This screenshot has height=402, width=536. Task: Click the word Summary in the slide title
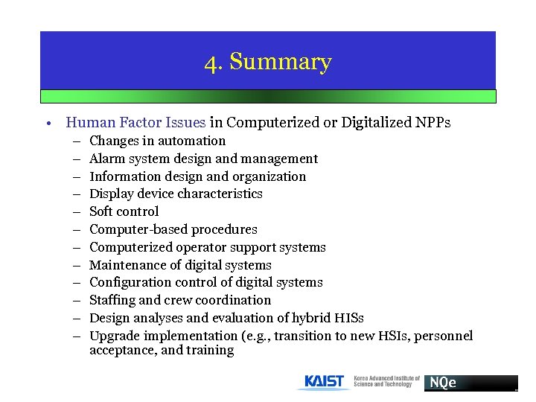(281, 63)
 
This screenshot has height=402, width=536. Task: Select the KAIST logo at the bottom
(325, 382)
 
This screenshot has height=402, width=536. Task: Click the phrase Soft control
(124, 211)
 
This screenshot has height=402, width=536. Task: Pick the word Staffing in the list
(112, 300)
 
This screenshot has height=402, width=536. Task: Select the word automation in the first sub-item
(194, 141)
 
